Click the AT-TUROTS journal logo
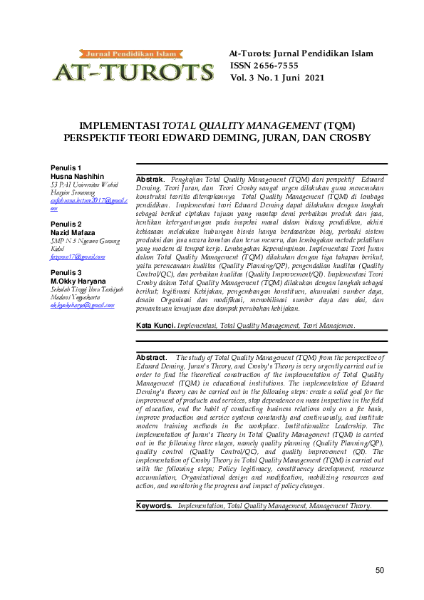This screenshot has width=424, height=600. pyautogui.click(x=133, y=66)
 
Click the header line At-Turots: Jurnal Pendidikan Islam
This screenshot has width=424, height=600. pyautogui.click(x=300, y=54)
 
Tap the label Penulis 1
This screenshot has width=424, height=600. pyautogui.click(x=66, y=167)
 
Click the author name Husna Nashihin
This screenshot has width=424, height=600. pyautogui.click(x=77, y=175)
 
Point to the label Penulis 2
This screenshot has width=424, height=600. pyautogui.click(x=66, y=224)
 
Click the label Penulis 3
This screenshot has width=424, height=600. pyautogui.click(x=66, y=273)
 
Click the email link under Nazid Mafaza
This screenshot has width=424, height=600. pyautogui.click(x=78, y=257)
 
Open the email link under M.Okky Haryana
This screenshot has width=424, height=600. pyautogui.click(x=83, y=306)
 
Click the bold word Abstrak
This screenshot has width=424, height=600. pyautogui.click(x=150, y=179)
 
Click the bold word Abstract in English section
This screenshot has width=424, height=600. pyautogui.click(x=151, y=357)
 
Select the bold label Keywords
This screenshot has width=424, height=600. pyautogui.click(x=155, y=505)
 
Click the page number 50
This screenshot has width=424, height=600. pyautogui.click(x=380, y=570)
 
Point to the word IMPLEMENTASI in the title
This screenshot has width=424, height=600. pyautogui.click(x=120, y=125)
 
